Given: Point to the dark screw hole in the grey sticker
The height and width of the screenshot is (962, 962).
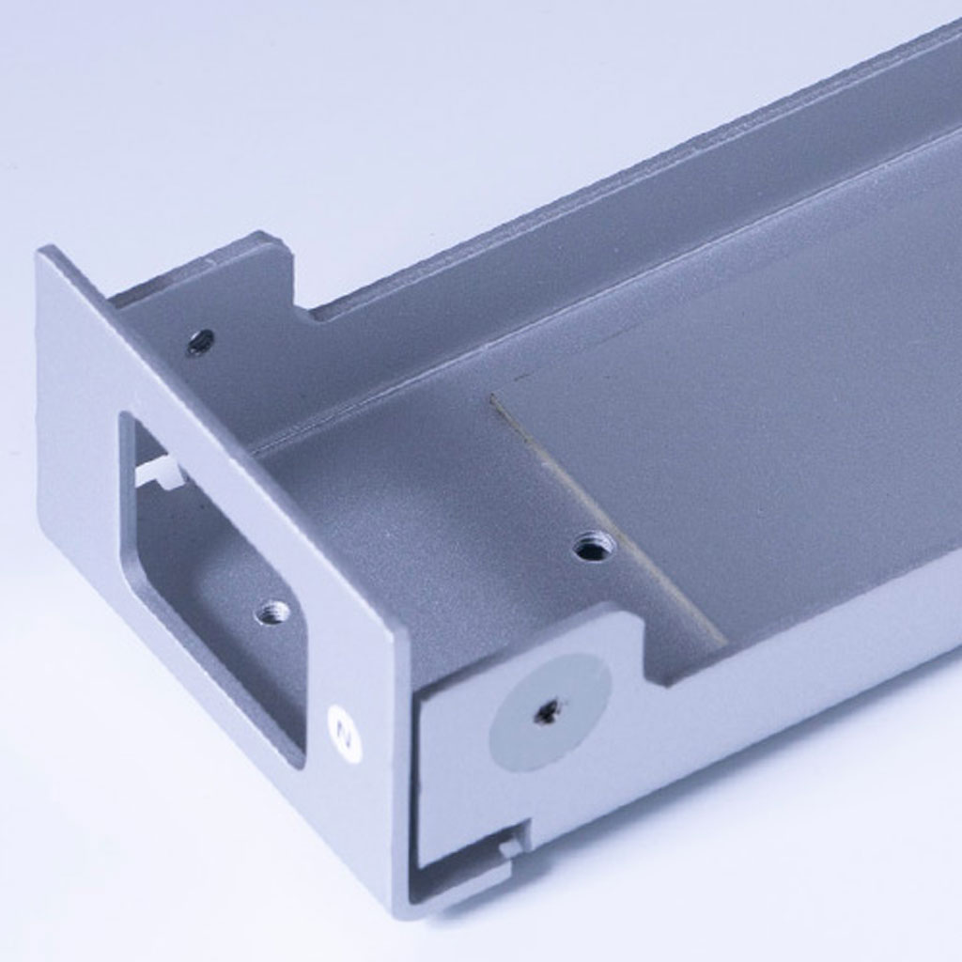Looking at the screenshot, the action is tap(544, 711).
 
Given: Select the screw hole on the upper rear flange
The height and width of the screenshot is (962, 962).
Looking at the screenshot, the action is tap(201, 341).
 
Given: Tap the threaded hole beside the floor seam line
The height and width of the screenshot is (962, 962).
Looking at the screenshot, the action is tap(594, 546).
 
